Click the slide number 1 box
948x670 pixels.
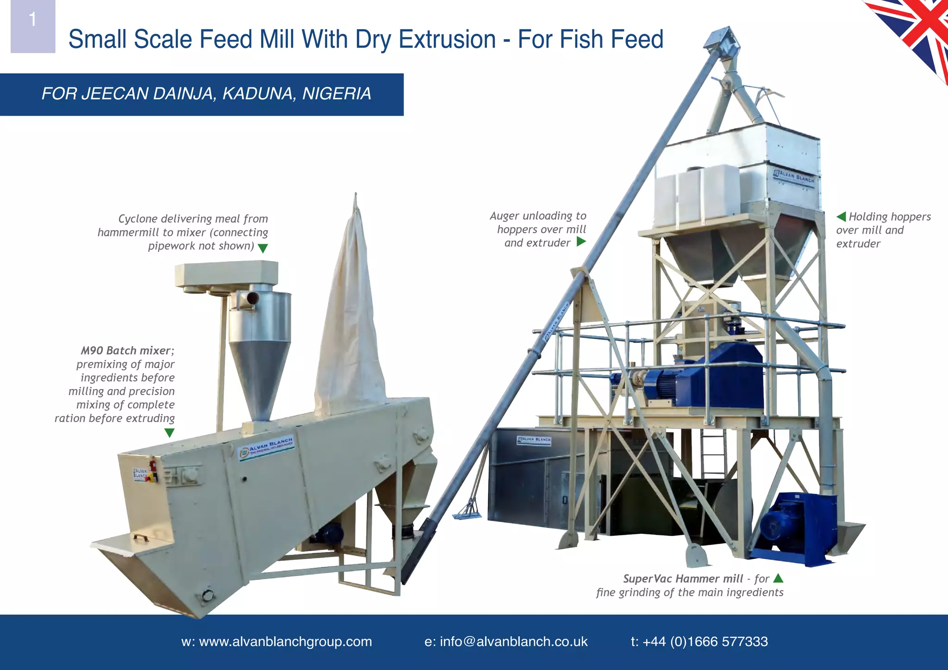tap(33, 26)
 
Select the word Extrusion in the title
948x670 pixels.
tap(447, 39)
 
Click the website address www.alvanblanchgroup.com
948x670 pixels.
tap(276, 642)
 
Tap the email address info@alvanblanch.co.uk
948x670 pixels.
tap(506, 642)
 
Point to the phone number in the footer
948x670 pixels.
tap(699, 642)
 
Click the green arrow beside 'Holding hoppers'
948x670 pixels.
tap(841, 217)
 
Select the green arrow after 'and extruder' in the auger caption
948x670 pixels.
tap(581, 242)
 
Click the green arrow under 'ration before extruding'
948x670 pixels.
tap(169, 433)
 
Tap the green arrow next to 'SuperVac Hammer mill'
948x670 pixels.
tap(778, 578)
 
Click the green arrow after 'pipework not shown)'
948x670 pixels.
tap(262, 248)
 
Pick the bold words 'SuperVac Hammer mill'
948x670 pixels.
tap(683, 579)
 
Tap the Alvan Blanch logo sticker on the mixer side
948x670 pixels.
tap(267, 447)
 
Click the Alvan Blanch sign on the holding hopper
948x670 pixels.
tap(794, 177)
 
